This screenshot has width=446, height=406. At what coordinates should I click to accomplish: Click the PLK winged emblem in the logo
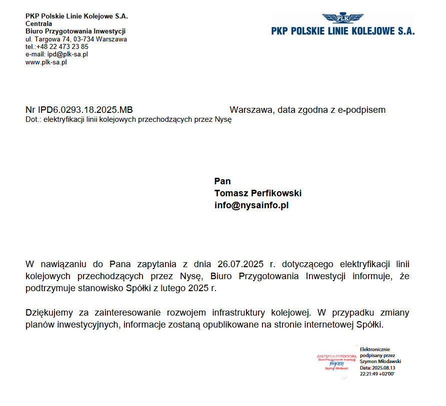pyautogui.click(x=343, y=18)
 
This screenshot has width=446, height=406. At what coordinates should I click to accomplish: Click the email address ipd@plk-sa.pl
pyautogui.click(x=67, y=54)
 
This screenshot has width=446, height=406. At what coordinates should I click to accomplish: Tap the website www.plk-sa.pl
pyautogui.click(x=46, y=62)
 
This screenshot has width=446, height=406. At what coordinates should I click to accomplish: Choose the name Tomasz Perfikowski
pyautogui.click(x=258, y=193)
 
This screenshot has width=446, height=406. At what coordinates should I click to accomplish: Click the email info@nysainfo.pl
pyautogui.click(x=251, y=205)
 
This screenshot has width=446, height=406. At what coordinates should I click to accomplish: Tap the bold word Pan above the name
pyautogui.click(x=222, y=181)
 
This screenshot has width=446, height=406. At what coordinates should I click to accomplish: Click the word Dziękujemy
pyautogui.click(x=50, y=313)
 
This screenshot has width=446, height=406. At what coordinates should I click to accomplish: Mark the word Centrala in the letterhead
pyautogui.click(x=39, y=23)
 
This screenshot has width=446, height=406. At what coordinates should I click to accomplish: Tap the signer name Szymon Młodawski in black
pyautogui.click(x=380, y=361)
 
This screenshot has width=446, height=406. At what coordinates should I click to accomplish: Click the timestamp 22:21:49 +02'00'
pyautogui.click(x=377, y=374)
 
